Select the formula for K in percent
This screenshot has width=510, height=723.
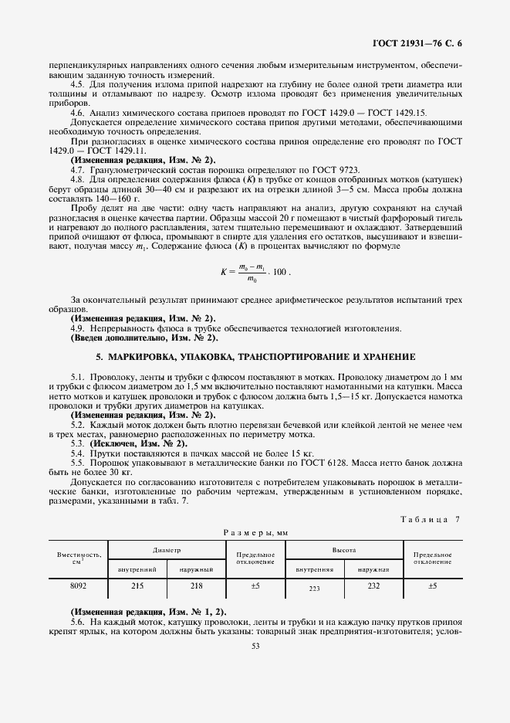click(x=255, y=273)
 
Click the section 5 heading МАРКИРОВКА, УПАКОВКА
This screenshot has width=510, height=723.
click(x=255, y=358)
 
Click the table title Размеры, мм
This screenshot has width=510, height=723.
click(x=255, y=533)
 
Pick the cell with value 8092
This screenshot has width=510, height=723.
click(x=77, y=586)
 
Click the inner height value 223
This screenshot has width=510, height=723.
click(x=314, y=588)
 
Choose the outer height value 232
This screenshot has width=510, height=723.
click(x=373, y=586)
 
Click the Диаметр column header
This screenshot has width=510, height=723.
click(x=167, y=550)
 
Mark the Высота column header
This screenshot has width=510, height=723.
click(x=343, y=550)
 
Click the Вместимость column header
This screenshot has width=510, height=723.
click(x=77, y=558)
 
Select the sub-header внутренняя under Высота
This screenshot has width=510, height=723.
click(x=314, y=569)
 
